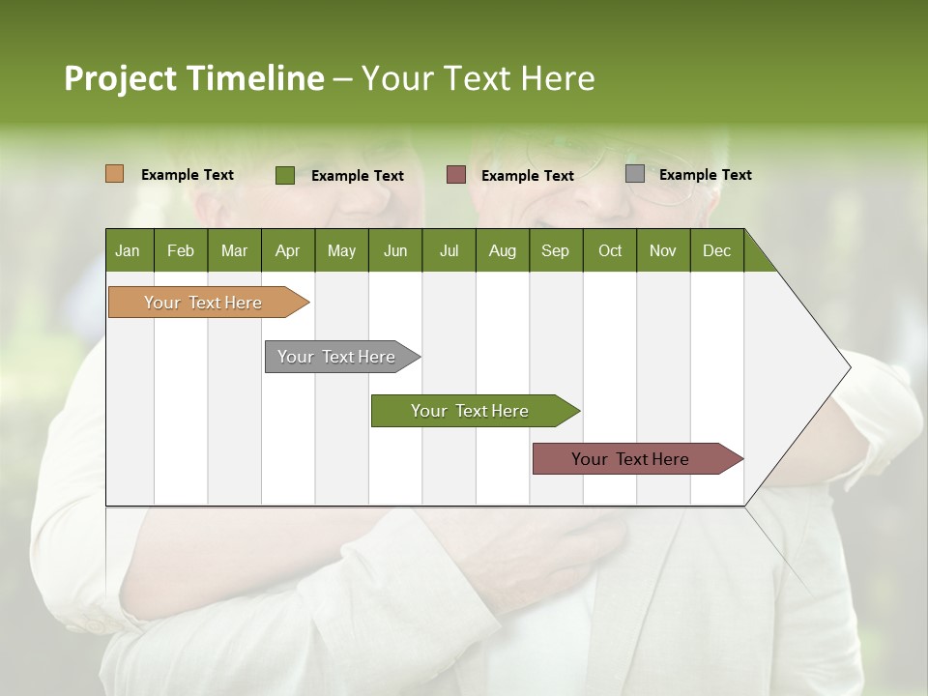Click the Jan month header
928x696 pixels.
click(128, 250)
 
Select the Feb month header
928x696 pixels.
click(181, 250)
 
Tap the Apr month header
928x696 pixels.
click(287, 250)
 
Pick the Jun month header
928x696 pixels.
click(395, 250)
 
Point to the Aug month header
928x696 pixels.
click(502, 250)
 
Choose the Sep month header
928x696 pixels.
click(555, 250)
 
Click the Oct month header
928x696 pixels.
click(610, 250)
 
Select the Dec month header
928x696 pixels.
click(716, 250)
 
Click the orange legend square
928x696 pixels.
click(115, 174)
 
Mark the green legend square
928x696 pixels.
click(285, 175)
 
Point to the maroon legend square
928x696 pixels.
click(456, 174)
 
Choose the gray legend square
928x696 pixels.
click(635, 174)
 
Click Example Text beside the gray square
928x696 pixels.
click(705, 175)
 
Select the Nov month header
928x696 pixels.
click(662, 250)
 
